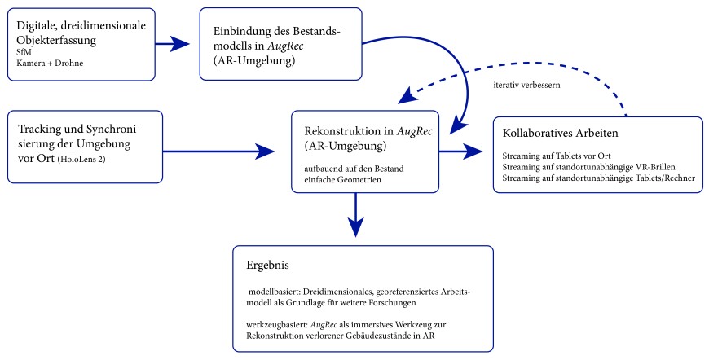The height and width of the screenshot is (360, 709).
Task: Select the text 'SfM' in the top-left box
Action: (24, 51)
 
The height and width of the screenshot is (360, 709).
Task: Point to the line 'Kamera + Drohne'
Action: (49, 63)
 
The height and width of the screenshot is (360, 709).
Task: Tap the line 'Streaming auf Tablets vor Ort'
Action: (557, 156)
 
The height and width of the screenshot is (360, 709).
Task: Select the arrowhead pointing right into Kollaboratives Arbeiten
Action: (476, 151)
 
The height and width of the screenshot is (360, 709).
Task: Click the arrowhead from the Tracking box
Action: (269, 151)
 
